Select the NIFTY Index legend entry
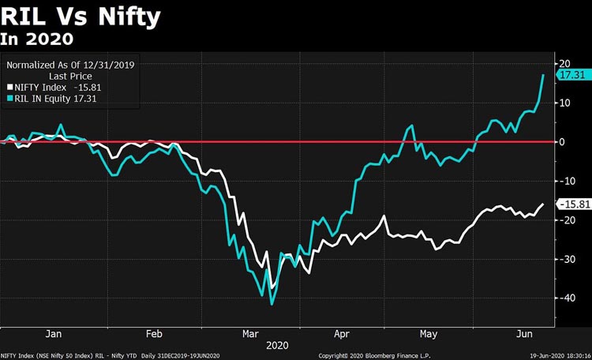pyautogui.click(x=48, y=87)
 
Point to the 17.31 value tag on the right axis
pyautogui.click(x=571, y=74)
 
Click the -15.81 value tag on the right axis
pyautogui.click(x=571, y=204)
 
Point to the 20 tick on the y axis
pyautogui.click(x=564, y=64)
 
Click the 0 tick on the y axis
pyautogui.click(x=562, y=142)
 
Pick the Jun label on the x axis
pyautogui.click(x=523, y=334)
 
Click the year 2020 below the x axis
pyautogui.click(x=277, y=346)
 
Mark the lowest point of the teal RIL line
pyautogui.click(x=272, y=303)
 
